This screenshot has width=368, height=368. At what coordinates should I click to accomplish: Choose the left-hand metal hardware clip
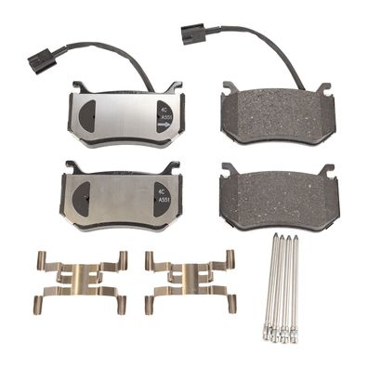pyautogui.click(x=81, y=280)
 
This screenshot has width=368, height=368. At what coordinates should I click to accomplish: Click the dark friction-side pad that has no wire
pyautogui.click(x=278, y=199)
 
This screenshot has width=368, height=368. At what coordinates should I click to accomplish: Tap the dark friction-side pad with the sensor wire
pyautogui.click(x=278, y=114)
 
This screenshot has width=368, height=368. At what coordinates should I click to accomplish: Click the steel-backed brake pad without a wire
pyautogui.click(x=121, y=198)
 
